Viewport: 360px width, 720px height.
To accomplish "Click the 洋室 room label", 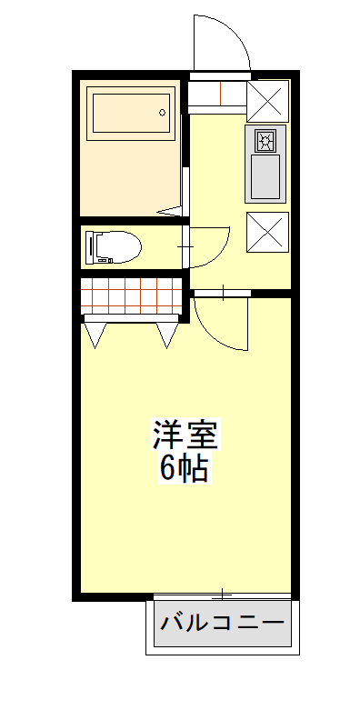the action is (x=185, y=434).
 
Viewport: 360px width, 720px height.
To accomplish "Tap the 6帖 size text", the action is (x=185, y=467).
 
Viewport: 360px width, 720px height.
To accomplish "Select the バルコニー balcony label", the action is (x=222, y=623).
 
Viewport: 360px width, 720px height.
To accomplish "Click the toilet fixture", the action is (x=113, y=247).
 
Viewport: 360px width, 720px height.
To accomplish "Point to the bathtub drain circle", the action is (x=162, y=112).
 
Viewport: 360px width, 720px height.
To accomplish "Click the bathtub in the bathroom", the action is (x=130, y=114).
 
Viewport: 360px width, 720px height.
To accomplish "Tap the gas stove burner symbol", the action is (x=265, y=141).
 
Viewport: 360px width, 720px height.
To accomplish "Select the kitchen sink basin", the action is (x=265, y=176).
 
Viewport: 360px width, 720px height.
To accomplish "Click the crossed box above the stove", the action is (x=267, y=101).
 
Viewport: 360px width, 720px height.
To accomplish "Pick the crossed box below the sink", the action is (x=267, y=232).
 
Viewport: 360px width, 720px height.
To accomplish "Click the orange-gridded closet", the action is (x=132, y=295).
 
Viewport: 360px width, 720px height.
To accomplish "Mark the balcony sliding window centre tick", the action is (x=222, y=595).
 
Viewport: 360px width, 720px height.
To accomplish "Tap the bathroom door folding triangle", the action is (x=172, y=211).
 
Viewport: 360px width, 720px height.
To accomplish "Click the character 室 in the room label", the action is (x=202, y=434).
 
